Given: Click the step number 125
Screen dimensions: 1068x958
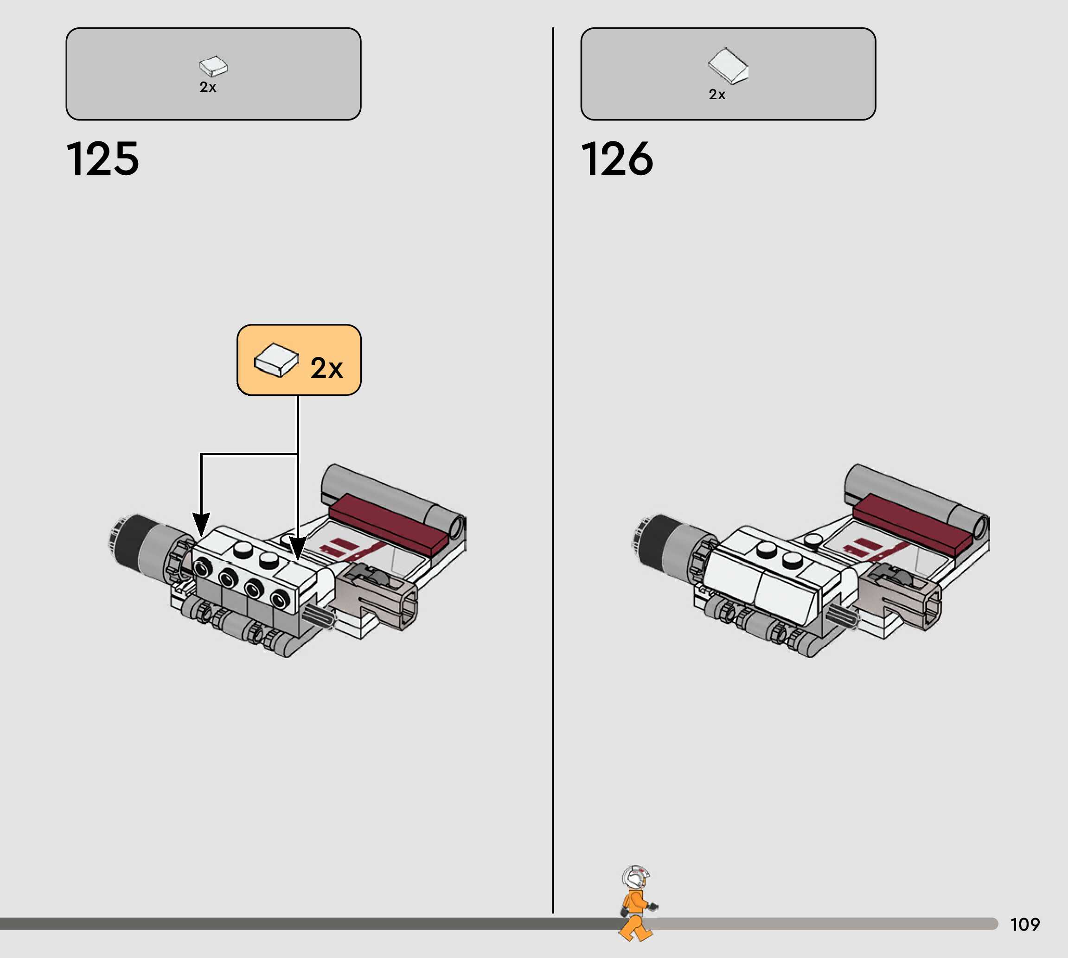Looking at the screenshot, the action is (102, 159).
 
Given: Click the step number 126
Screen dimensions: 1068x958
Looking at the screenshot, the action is (617, 159).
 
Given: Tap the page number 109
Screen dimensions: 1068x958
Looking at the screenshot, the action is (1025, 924).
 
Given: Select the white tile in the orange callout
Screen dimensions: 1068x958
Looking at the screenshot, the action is (276, 360).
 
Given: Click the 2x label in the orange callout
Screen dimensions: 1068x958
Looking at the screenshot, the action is (326, 368).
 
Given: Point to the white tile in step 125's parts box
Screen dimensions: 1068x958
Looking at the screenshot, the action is (213, 66).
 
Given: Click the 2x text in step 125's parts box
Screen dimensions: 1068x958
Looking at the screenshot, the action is (207, 87).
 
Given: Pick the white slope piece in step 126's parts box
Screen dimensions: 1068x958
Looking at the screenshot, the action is (728, 66).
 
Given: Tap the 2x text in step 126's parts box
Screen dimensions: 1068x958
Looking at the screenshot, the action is (717, 94).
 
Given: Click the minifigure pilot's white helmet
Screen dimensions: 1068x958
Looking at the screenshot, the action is (635, 876).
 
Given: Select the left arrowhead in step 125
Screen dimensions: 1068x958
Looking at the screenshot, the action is (201, 523).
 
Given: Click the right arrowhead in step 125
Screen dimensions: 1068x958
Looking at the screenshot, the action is (298, 548).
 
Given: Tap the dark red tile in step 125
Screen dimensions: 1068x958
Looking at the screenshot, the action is (387, 524).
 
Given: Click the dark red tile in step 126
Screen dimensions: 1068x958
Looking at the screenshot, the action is (911, 524).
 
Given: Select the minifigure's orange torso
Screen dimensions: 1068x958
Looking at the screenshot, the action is (636, 901).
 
